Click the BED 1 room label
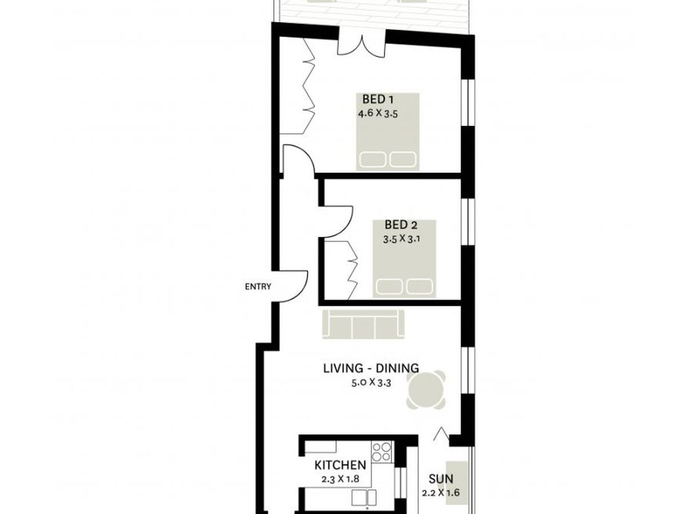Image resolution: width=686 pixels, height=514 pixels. click(x=378, y=101)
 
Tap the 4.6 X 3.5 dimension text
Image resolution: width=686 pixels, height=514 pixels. click(x=378, y=114)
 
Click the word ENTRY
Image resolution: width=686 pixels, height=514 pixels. click(x=258, y=287)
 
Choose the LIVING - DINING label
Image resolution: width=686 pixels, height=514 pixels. click(x=371, y=368)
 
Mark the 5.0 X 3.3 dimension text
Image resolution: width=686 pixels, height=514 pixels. click(x=371, y=383)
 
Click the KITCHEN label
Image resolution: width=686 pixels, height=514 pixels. click(x=340, y=465)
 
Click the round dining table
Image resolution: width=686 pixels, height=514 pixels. click(x=426, y=391)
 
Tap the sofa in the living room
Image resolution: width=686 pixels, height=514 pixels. click(x=363, y=325)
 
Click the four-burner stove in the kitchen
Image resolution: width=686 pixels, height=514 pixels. click(x=381, y=451)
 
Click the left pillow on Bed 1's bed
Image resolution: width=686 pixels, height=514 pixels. click(x=372, y=159)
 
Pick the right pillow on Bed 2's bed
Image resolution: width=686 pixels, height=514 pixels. click(x=418, y=286)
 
